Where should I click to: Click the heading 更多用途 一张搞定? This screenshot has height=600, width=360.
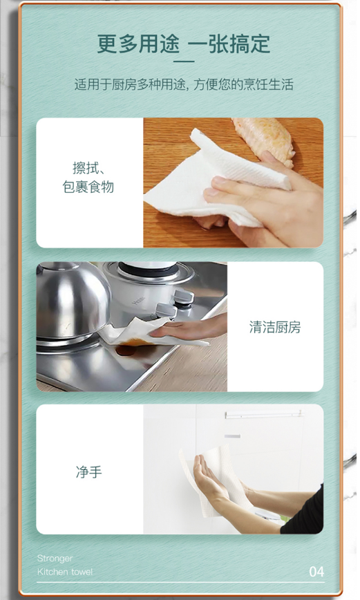click(184, 44)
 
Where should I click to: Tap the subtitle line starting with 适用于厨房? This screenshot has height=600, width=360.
click(184, 84)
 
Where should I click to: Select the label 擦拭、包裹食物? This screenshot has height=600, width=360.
click(88, 177)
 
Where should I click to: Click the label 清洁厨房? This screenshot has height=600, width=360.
click(275, 327)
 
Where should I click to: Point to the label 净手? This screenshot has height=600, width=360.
click(88, 472)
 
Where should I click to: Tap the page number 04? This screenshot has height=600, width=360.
click(316, 572)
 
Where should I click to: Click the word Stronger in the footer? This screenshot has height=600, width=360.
click(55, 559)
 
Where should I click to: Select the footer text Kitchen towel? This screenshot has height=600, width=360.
click(65, 572)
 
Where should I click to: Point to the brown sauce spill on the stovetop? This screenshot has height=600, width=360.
click(130, 347)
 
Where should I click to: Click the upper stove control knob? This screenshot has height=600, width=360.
click(183, 297)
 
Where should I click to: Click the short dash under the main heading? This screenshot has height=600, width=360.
click(184, 62)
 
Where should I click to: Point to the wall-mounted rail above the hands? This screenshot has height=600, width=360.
click(263, 414)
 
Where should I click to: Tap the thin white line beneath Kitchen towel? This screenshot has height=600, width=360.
click(180, 583)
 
